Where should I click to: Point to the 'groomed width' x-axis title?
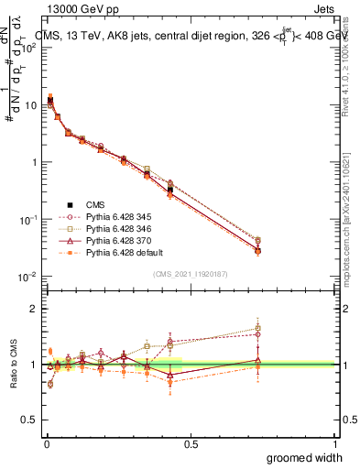(x=300, y=456)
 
